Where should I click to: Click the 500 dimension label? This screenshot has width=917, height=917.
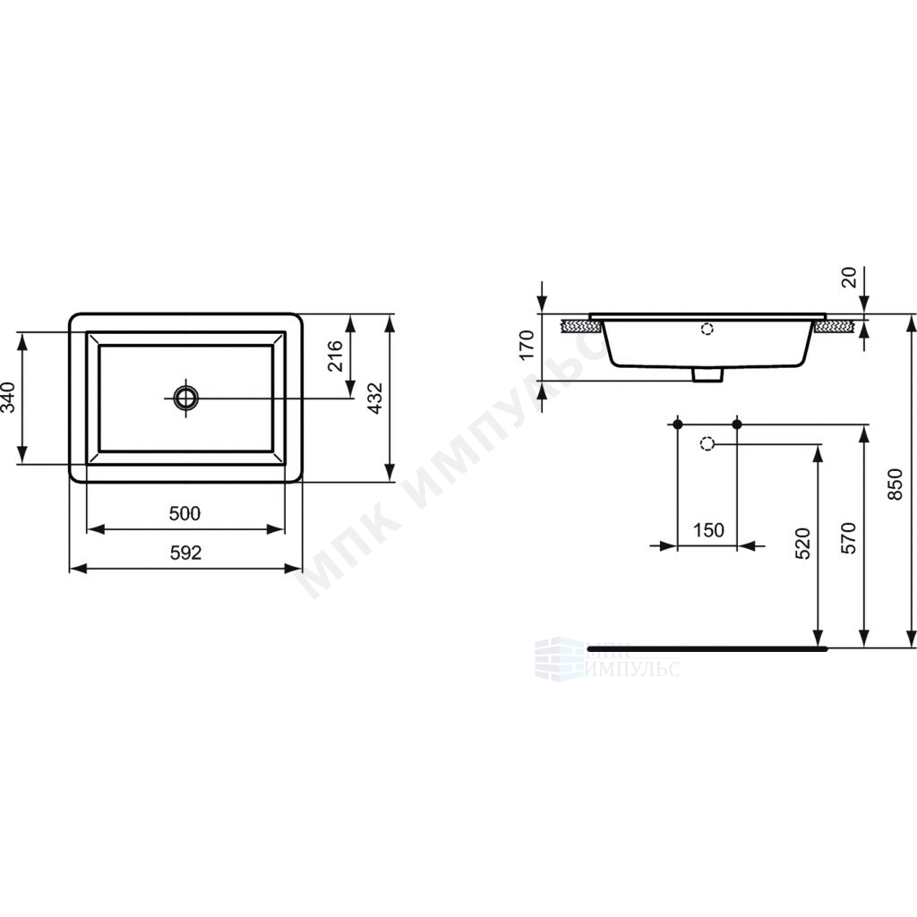[184, 513]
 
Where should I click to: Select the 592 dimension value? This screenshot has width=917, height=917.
[185, 553]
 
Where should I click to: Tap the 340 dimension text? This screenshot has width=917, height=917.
[8, 397]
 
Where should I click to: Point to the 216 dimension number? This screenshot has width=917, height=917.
[335, 356]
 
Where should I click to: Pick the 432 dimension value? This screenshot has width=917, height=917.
[375, 399]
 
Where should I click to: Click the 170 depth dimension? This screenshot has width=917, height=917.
[527, 346]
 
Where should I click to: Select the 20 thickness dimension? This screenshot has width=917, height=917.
[849, 278]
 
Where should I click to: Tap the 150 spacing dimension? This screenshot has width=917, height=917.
[708, 530]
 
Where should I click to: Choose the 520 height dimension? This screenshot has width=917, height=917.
[803, 544]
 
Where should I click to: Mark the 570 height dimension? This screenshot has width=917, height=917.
[849, 538]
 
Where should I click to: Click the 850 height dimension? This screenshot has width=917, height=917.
[896, 484]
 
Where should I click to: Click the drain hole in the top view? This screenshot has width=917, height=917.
[186, 398]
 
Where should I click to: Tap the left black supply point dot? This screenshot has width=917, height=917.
[678, 424]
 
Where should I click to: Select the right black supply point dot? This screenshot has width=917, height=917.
[737, 424]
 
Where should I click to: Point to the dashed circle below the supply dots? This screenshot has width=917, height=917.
[707, 444]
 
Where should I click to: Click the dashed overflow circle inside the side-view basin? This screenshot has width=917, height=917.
[707, 329]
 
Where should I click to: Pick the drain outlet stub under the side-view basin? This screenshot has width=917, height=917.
[707, 375]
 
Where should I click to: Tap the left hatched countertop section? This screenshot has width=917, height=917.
[581, 326]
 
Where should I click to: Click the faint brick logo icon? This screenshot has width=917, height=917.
[559, 659]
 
